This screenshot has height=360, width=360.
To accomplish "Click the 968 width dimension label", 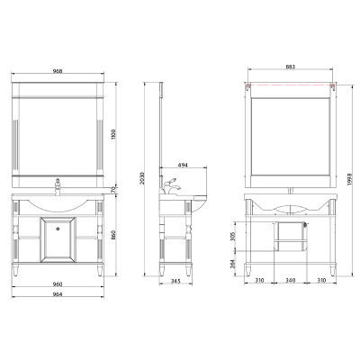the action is [58, 71].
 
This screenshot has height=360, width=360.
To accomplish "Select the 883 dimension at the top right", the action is [291, 67].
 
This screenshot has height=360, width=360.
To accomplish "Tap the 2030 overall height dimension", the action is [142, 179].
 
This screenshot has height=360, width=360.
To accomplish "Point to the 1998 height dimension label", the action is [350, 179].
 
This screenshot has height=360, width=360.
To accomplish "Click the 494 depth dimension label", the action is [183, 165].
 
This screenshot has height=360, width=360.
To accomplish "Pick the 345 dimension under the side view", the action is [175, 281].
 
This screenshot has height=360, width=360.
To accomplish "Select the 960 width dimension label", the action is [58, 283].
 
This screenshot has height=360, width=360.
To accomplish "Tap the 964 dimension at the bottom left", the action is [58, 294].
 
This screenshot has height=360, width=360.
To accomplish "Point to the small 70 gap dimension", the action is [112, 190].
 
